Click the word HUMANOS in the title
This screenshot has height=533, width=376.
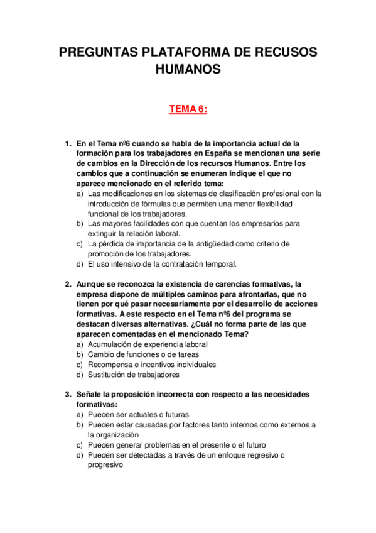188,69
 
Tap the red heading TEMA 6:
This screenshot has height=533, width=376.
188,109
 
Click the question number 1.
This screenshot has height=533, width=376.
68,143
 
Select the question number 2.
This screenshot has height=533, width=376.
68,283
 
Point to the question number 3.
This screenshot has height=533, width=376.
68,395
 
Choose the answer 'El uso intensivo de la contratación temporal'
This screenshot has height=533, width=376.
162,263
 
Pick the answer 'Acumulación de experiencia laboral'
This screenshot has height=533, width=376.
148,344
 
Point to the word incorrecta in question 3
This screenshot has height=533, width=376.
176,395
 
